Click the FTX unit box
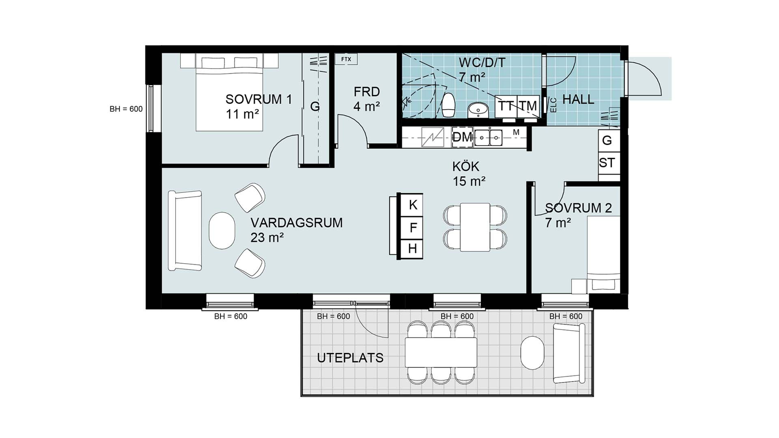(346, 59)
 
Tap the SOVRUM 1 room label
(259, 99)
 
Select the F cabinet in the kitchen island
(412, 227)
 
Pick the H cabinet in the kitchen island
(412, 249)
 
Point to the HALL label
(578, 99)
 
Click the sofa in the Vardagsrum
(185, 231)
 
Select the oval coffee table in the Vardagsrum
(222, 231)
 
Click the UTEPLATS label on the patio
(350, 358)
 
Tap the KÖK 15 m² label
(469, 174)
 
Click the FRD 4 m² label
(367, 99)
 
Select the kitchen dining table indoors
(475, 227)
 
